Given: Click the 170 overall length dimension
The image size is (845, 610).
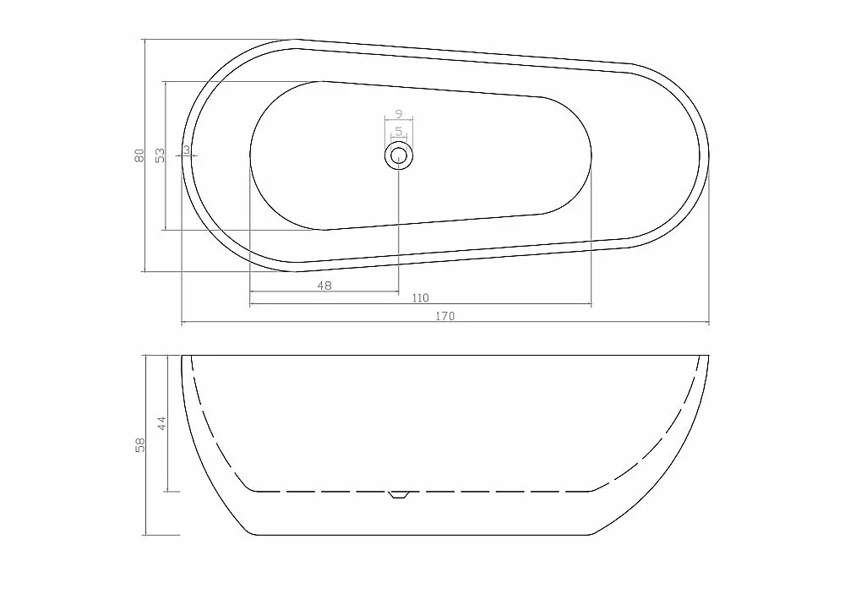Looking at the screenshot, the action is pyautogui.click(x=445, y=316).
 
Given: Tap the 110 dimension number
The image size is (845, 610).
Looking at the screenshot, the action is pyautogui.click(x=420, y=298).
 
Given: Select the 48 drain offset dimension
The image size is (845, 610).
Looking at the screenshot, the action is pyautogui.click(x=324, y=286).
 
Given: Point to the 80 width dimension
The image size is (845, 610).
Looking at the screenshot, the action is pyautogui.click(x=139, y=155).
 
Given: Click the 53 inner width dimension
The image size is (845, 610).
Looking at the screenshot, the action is pyautogui.click(x=160, y=155).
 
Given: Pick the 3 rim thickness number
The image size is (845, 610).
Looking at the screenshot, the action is pyautogui.click(x=187, y=150).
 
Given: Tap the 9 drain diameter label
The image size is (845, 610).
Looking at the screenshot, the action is pyautogui.click(x=399, y=114).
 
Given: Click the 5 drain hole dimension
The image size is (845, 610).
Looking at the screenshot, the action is pyautogui.click(x=399, y=131).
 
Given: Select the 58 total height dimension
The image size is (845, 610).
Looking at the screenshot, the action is pyautogui.click(x=140, y=445).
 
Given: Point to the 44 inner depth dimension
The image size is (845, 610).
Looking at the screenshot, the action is pyautogui.click(x=161, y=423).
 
